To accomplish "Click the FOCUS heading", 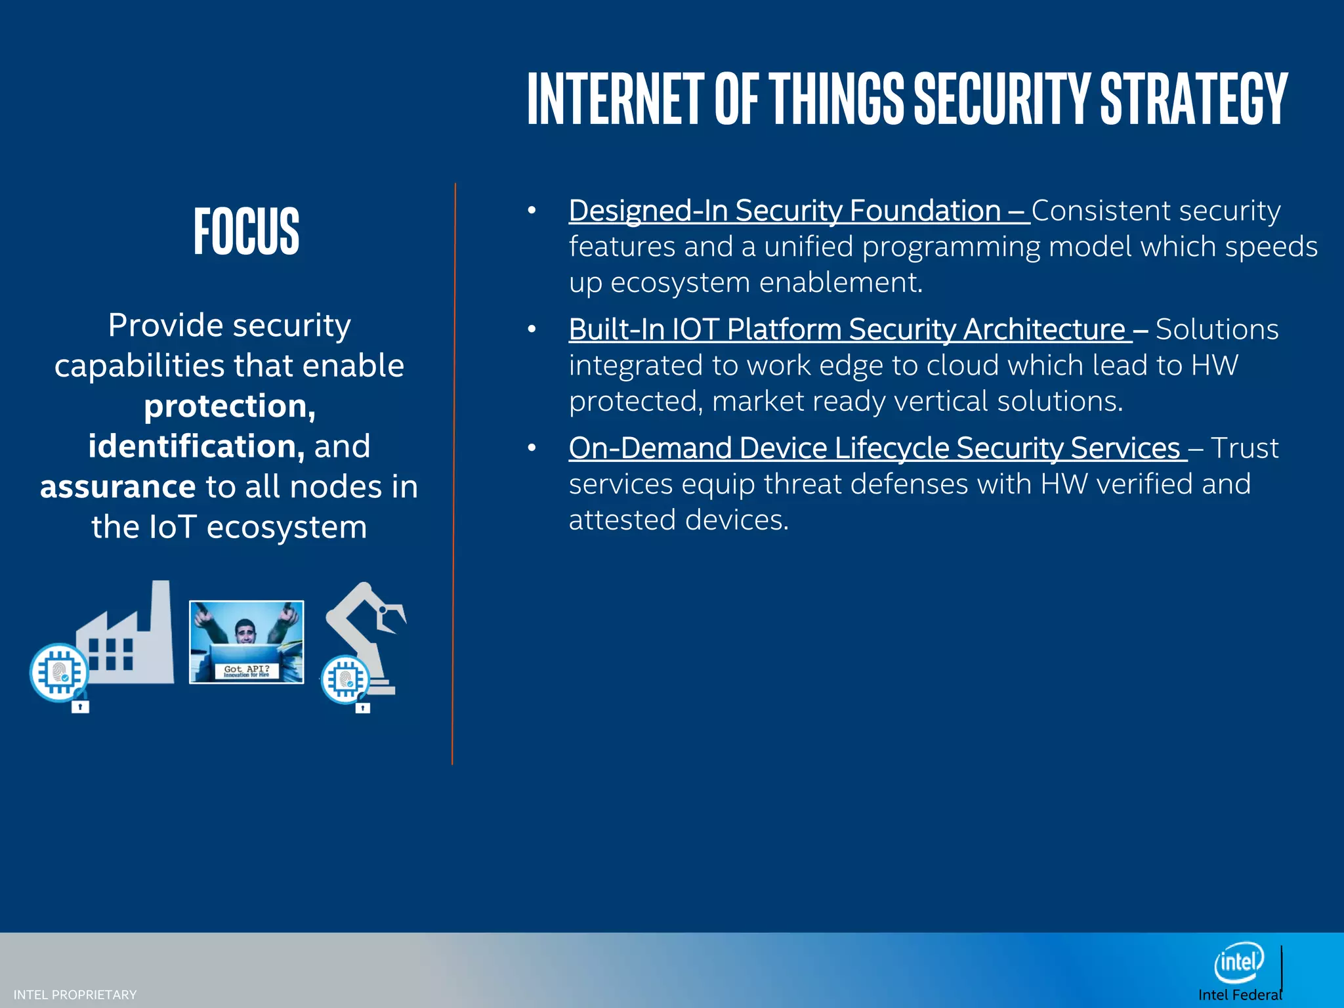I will (246, 230).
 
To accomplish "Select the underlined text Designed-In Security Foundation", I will (784, 211).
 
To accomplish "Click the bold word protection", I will (230, 406).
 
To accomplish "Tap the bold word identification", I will (196, 446).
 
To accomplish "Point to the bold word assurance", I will (118, 487).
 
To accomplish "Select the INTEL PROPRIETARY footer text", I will (75, 995).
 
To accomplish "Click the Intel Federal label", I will (1239, 995).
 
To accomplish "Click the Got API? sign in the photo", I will (246, 670).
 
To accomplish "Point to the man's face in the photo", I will (245, 631).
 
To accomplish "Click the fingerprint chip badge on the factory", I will (59, 672).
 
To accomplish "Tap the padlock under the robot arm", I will (363, 707).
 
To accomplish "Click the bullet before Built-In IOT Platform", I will (532, 329).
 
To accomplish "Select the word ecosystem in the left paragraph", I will (287, 527).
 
